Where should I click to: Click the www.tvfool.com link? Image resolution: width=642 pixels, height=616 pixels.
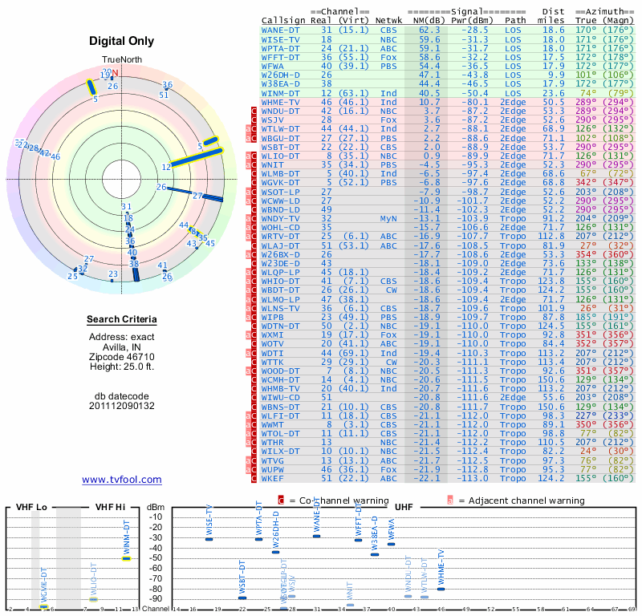[121, 480]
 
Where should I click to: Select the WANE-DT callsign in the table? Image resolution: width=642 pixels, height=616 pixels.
[282, 30]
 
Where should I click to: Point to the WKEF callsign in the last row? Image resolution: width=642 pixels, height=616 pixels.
[273, 479]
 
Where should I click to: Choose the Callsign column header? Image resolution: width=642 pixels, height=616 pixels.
[284, 20]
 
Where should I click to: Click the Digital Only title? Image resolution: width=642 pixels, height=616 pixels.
[121, 41]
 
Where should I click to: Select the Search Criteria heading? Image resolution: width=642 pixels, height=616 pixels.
[121, 320]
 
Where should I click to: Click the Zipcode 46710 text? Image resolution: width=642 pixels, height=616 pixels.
[121, 355]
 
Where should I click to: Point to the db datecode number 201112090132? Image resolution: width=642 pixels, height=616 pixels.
[121, 406]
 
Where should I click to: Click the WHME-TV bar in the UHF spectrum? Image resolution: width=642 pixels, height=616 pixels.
[441, 589]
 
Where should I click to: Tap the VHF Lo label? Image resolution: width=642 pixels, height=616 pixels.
[31, 508]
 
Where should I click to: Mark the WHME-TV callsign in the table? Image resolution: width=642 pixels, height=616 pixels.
[282, 102]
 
